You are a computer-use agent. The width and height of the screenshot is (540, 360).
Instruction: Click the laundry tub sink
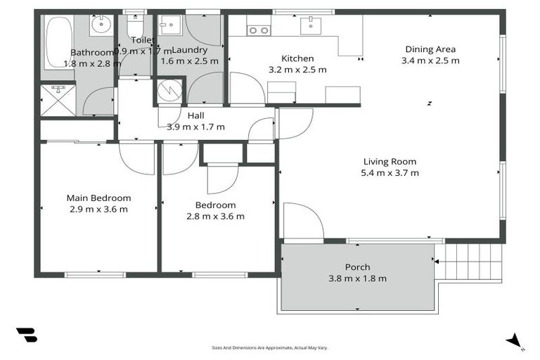coord(169,27)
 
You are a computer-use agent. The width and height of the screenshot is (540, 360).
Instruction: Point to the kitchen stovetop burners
coord(259,30)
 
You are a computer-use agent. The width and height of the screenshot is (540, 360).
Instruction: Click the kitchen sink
coord(310,26)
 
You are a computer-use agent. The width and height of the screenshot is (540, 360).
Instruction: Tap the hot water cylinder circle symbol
coord(169,91)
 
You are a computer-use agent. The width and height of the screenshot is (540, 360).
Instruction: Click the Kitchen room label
coord(297,58)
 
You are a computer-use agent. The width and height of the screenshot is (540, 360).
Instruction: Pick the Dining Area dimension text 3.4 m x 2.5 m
coord(430,60)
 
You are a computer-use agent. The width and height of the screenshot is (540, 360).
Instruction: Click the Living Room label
coord(390,161)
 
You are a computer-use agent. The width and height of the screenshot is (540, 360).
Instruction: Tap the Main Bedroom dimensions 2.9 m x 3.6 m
coord(98,209)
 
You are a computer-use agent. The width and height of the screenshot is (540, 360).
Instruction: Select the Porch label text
coord(357,267)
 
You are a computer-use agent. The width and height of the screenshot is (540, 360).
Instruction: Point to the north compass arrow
coord(515,341)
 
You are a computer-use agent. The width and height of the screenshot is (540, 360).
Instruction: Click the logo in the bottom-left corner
coord(26,335)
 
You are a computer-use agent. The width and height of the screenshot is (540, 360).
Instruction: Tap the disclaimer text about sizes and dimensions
coord(270,347)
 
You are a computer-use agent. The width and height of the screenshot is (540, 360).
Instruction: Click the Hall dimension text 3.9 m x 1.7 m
coord(195,127)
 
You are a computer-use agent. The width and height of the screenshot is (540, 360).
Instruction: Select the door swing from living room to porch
coord(301,221)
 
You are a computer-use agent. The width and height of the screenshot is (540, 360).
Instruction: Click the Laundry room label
coord(189,51)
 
